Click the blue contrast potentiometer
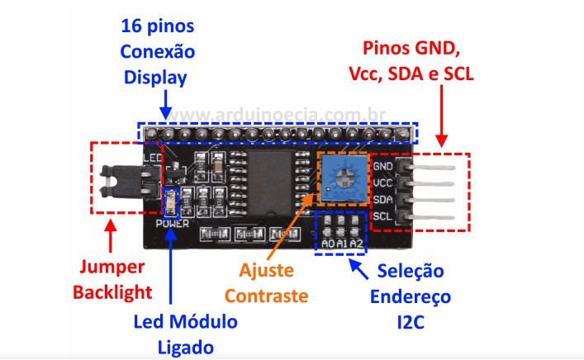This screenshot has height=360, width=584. (339, 178)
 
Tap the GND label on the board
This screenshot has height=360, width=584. (382, 166)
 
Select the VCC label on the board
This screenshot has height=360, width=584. (382, 182)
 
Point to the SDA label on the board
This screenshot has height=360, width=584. (382, 200)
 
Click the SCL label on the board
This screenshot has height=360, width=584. (382, 216)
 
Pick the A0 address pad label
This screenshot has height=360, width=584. (328, 244)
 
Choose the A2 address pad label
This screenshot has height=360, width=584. (355, 244)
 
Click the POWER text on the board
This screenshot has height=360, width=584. (172, 223)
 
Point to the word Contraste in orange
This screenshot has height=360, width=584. (267, 295)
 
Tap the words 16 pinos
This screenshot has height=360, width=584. (158, 25)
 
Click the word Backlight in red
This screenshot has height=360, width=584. (113, 291)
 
